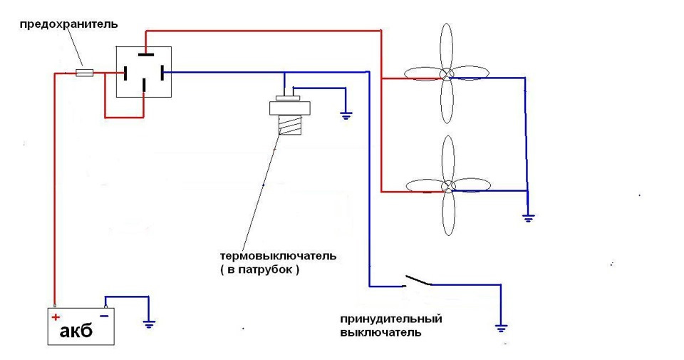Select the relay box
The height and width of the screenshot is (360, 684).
tap(145, 72)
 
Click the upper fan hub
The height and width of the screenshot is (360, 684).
tap(447, 74)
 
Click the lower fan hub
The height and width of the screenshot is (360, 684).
tap(447, 187)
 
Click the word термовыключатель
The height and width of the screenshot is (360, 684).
tap(278, 256)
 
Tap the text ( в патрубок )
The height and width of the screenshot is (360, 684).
tap(259, 270)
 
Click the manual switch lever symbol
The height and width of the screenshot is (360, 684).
tap(418, 281)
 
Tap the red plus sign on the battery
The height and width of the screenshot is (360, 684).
tap(56, 317)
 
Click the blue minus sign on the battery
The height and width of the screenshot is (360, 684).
tap(104, 316)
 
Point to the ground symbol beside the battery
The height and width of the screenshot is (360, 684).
tap(149, 323)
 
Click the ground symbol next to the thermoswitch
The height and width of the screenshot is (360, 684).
tap(346, 114)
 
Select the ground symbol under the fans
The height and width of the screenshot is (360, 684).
tap(528, 217)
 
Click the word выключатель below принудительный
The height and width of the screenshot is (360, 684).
tap(380, 332)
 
